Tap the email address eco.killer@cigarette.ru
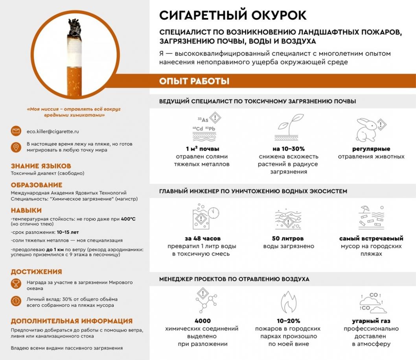[x=53, y=131]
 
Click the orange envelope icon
[x=16, y=131]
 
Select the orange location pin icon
[x=16, y=147]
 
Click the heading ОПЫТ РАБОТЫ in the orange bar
[x=194, y=81]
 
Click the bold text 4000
[x=202, y=321]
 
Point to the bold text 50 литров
[x=288, y=238]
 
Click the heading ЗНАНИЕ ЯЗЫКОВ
[x=41, y=166]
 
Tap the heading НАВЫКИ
[x=26, y=210]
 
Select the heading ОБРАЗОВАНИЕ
[x=37, y=185]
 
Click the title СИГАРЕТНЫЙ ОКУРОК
[x=233, y=15]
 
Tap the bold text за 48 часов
[x=202, y=238]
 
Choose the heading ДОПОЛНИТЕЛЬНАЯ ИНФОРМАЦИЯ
[x=72, y=321]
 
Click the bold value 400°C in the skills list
[x=128, y=219]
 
